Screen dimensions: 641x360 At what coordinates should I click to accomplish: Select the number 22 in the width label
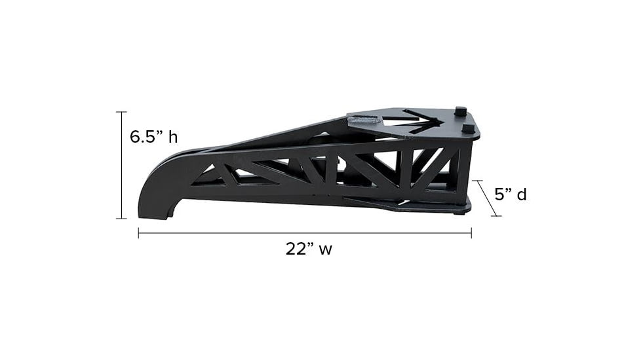(x=296, y=249)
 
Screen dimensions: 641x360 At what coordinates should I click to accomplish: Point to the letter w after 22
(x=325, y=250)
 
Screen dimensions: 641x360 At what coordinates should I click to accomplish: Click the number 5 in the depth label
(x=499, y=194)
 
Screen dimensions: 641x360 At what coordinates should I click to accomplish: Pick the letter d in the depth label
(x=522, y=194)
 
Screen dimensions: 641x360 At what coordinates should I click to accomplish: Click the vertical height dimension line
(x=121, y=165)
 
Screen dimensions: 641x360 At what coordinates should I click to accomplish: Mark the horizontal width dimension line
(x=305, y=233)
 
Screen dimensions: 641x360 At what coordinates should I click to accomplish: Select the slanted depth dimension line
(x=487, y=198)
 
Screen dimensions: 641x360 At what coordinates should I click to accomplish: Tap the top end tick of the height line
(x=121, y=111)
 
